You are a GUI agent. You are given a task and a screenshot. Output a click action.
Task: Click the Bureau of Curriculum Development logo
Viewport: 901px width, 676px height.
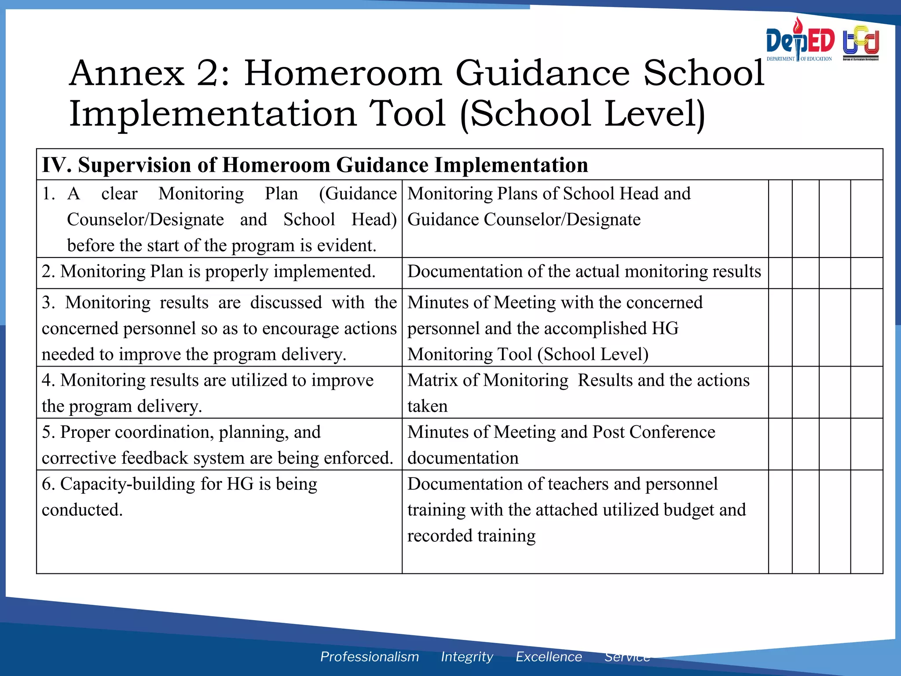pos(861,43)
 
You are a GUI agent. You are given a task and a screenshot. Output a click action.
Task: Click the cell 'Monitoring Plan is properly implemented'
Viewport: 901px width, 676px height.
pos(209,272)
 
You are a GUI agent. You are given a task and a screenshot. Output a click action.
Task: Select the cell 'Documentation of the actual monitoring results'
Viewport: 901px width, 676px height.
pos(584,272)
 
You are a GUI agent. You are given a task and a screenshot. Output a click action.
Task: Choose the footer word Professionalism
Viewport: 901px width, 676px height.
pos(369,657)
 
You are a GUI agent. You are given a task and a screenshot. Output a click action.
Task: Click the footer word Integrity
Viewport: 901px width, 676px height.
pos(467,657)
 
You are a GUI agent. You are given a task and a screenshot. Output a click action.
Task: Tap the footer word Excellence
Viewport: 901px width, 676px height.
pos(549,657)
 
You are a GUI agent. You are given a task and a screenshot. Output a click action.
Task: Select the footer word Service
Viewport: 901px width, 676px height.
pos(627,657)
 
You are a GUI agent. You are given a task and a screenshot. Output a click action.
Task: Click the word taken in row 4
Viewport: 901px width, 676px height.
pos(427,406)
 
